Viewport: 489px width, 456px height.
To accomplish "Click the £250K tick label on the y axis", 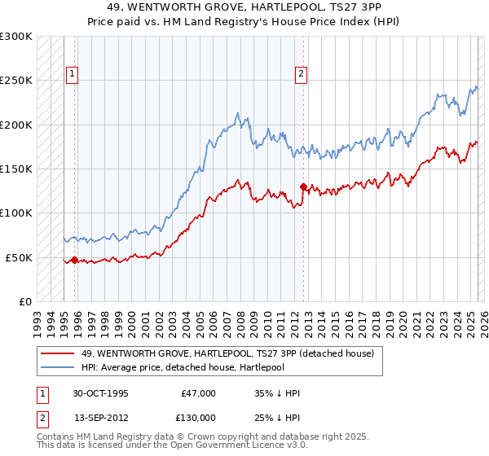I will point(16,81).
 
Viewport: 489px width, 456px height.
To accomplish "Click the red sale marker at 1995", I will point(74,260).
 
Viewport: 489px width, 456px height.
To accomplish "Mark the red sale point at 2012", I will point(303,186).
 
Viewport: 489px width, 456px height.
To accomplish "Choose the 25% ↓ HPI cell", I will point(277,417).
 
